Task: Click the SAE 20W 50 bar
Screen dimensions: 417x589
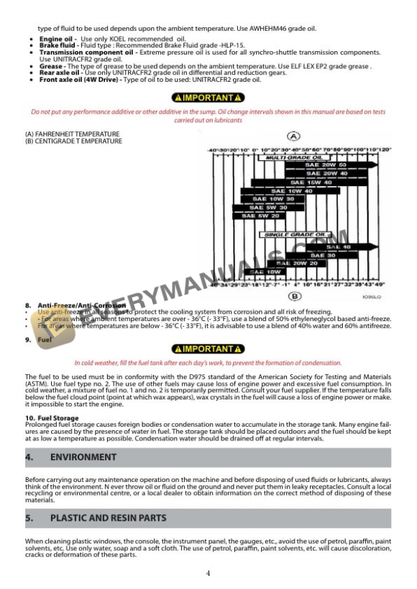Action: pos(320,165)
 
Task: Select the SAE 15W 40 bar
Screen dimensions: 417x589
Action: pos(300,183)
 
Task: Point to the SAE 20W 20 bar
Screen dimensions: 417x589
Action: pos(300,263)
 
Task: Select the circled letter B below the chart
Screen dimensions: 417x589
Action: pos(294,296)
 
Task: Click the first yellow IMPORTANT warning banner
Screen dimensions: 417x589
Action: pos(208,98)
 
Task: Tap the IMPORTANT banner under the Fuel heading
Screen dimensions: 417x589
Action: pos(208,349)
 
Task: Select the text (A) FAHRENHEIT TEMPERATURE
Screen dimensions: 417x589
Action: pos(72,134)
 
